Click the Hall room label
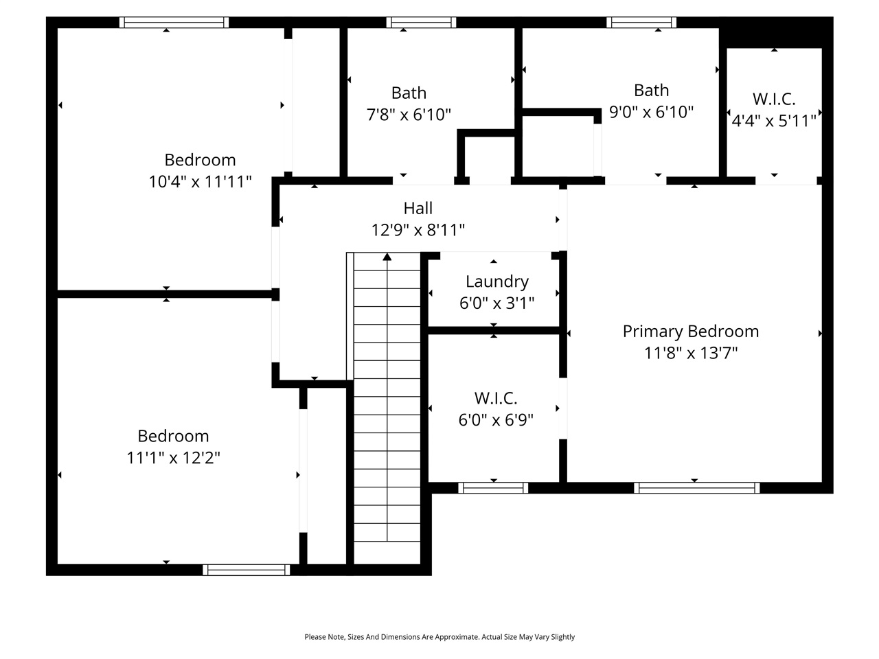click(418, 208)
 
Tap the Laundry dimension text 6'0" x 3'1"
click(496, 303)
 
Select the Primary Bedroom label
click(690, 332)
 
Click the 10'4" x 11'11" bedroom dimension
click(200, 182)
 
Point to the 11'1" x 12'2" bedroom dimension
click(173, 458)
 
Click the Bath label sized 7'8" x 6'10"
click(409, 93)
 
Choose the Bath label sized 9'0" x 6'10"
click(651, 90)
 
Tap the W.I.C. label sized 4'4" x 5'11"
click(774, 99)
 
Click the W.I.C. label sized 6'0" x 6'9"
click(495, 398)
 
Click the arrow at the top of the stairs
click(387, 257)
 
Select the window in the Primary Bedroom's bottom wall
click(696, 488)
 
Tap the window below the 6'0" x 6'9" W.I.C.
click(493, 488)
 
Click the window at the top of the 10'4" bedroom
click(174, 23)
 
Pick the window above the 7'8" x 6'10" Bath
click(421, 23)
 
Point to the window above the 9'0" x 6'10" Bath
click(641, 23)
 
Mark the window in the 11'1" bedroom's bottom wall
click(247, 570)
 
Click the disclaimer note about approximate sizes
click(439, 637)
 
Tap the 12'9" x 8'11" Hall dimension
click(418, 230)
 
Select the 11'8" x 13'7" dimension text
click(690, 354)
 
